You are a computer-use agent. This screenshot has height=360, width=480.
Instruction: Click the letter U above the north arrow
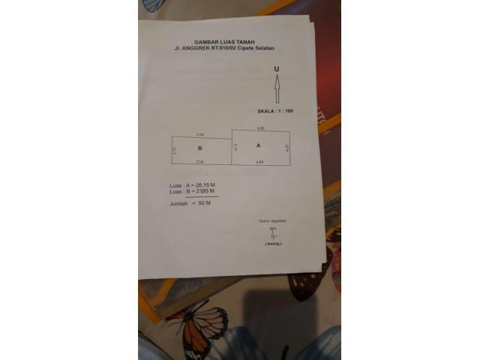(277, 69)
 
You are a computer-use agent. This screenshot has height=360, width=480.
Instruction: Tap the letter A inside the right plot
(259, 145)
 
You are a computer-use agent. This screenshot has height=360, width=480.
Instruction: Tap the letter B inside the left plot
(199, 149)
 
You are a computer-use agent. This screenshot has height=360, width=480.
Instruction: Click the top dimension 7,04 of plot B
(199, 133)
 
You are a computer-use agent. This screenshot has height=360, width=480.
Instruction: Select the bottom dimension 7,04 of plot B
(199, 162)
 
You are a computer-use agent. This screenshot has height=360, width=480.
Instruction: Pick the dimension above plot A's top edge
(260, 128)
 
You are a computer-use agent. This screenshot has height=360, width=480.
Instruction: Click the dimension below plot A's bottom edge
(259, 162)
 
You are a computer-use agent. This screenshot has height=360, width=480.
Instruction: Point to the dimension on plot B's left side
(173, 149)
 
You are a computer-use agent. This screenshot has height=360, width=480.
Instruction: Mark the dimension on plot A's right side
(287, 148)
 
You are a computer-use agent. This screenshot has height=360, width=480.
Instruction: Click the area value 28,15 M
(205, 184)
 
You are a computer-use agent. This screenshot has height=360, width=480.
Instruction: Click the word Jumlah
(178, 202)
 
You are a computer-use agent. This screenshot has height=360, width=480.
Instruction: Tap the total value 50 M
(203, 202)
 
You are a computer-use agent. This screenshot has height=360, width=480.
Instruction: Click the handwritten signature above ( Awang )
(274, 233)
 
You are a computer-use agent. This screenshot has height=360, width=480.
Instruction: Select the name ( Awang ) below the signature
(273, 244)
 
